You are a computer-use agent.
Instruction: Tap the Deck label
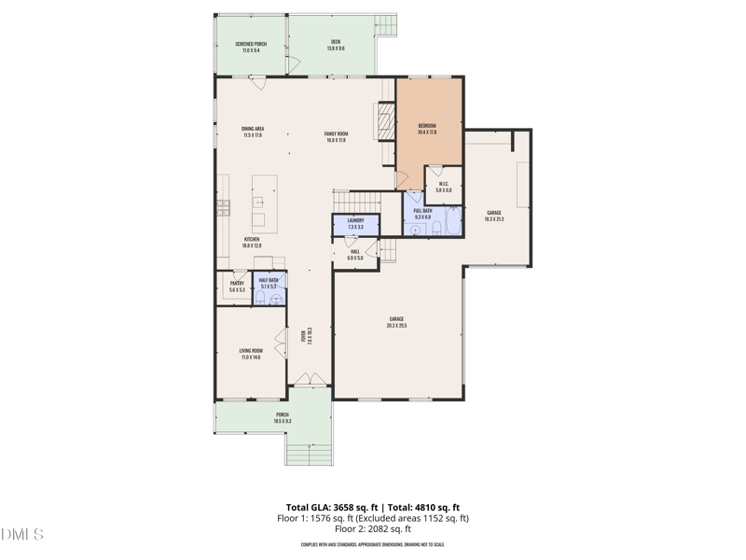[x=335, y=45]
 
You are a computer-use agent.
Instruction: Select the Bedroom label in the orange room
[x=428, y=128]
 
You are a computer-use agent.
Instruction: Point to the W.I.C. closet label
[x=443, y=186]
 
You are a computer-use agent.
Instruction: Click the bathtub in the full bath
[x=451, y=221]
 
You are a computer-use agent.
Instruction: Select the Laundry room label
[x=355, y=223]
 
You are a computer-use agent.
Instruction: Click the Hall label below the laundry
[x=354, y=254]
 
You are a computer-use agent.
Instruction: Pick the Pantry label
[x=237, y=286]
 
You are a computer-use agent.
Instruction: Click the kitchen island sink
[x=258, y=201]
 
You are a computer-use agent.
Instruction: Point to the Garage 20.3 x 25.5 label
[x=398, y=322]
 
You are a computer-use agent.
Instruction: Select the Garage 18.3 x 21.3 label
[x=494, y=216]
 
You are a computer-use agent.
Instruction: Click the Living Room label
[x=251, y=354]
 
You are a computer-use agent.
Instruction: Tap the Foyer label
[x=304, y=337]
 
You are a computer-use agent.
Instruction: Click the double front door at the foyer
[x=303, y=379]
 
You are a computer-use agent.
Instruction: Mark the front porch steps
[x=310, y=453]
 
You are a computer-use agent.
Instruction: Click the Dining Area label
[x=252, y=132]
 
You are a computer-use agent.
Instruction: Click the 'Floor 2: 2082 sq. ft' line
[x=373, y=528]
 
